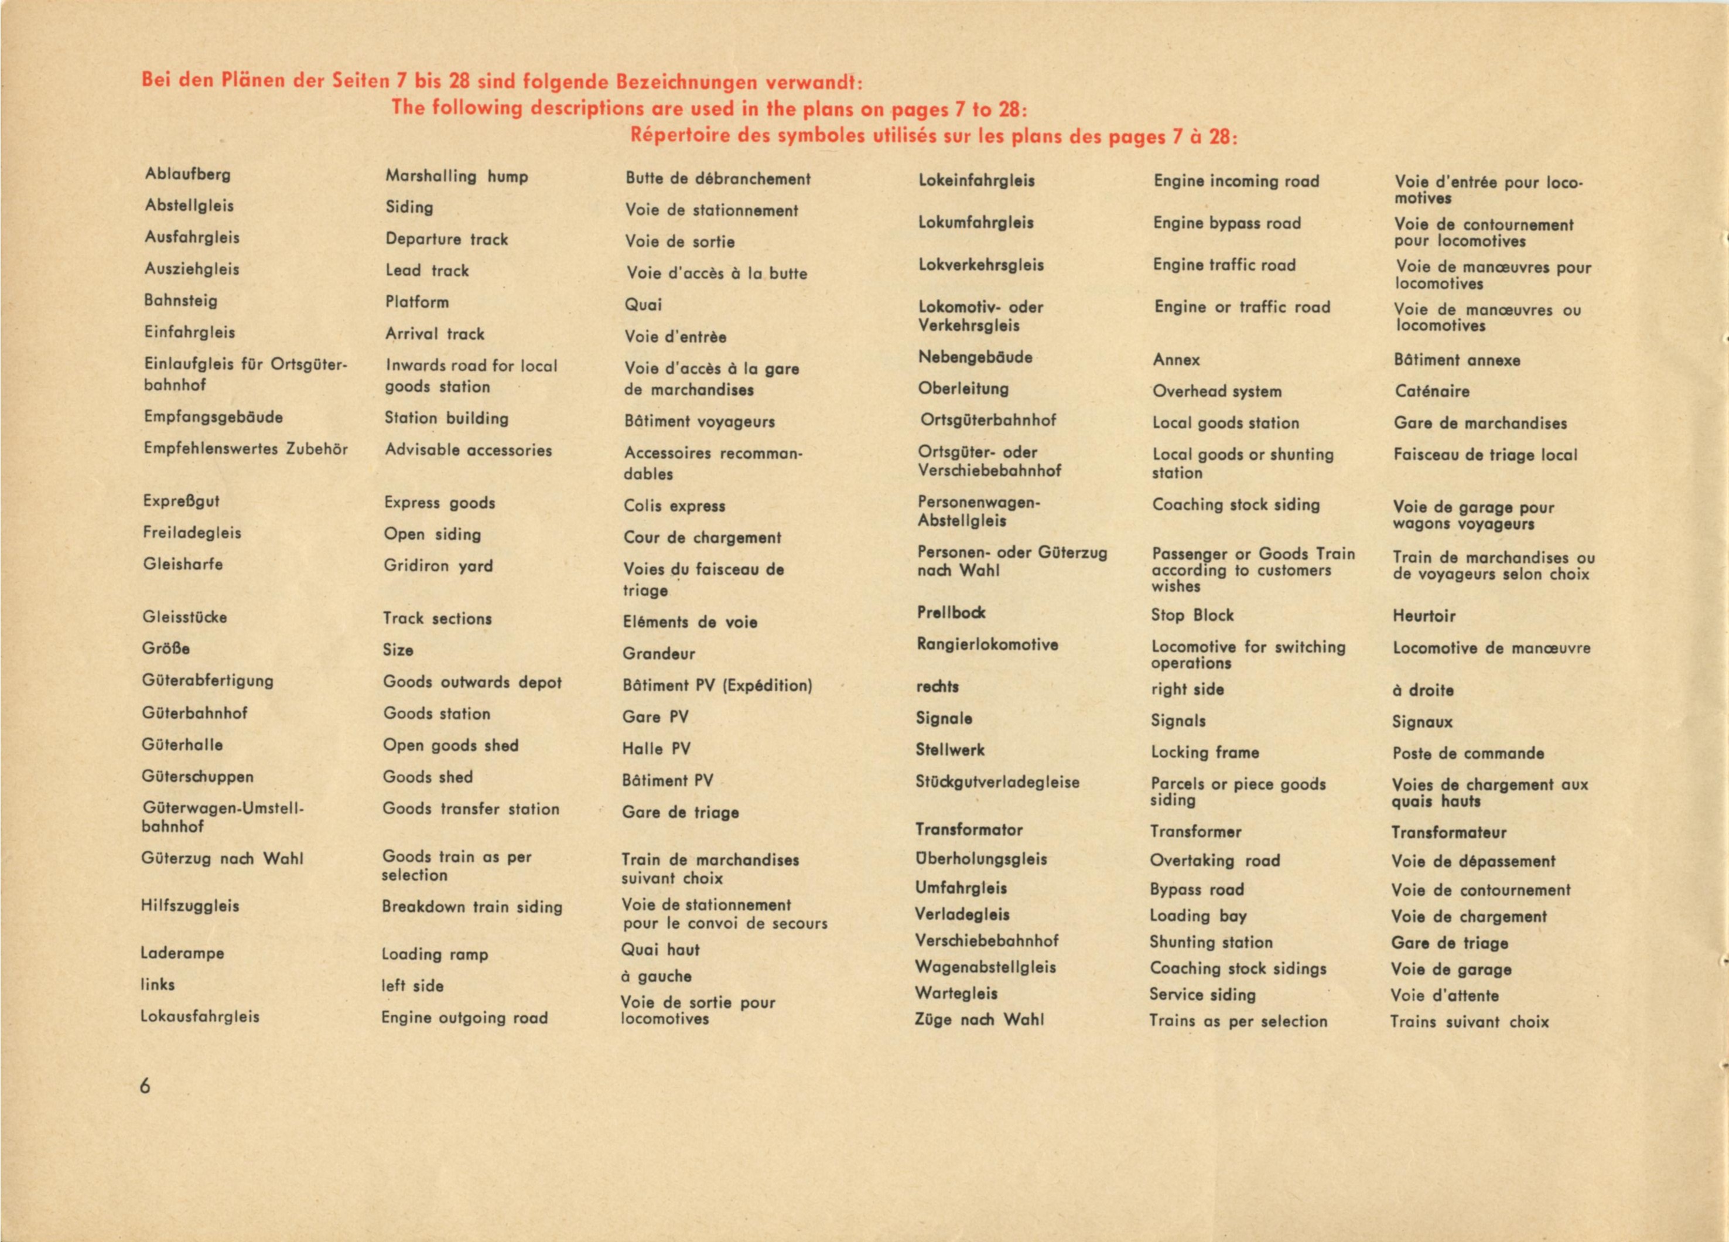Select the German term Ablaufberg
pos(187,174)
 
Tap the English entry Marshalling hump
pos(456,176)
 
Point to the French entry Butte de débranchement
pos(717,179)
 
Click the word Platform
pos(417,302)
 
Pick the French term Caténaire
pos(1431,391)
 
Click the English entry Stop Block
pos(1191,615)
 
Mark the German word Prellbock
pos(951,612)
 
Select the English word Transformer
pos(1195,831)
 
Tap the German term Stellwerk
pos(950,749)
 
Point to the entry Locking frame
pos(1205,752)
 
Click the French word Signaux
pos(1422,721)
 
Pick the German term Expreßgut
pos(182,501)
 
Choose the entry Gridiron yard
pos(438,566)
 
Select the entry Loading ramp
pos(435,954)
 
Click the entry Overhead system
pos(1217,391)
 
